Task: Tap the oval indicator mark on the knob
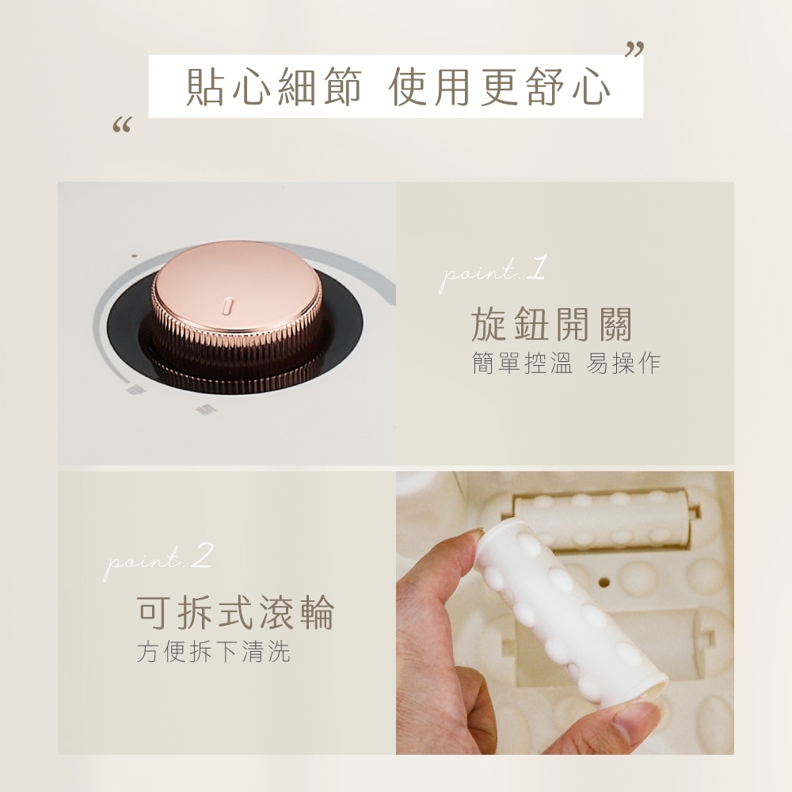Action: (x=227, y=306)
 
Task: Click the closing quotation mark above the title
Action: (x=634, y=49)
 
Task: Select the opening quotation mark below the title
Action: (x=122, y=124)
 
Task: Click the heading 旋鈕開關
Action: (x=551, y=324)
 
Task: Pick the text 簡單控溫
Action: (x=522, y=363)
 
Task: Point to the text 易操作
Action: (x=623, y=363)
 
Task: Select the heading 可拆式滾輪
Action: (x=235, y=612)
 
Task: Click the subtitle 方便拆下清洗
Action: (x=214, y=651)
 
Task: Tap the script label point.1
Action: (x=493, y=273)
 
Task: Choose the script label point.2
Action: (x=158, y=562)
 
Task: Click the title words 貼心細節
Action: (x=274, y=87)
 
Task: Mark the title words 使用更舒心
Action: (x=500, y=87)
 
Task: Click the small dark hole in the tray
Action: (x=604, y=582)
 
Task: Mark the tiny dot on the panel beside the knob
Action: (x=134, y=256)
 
